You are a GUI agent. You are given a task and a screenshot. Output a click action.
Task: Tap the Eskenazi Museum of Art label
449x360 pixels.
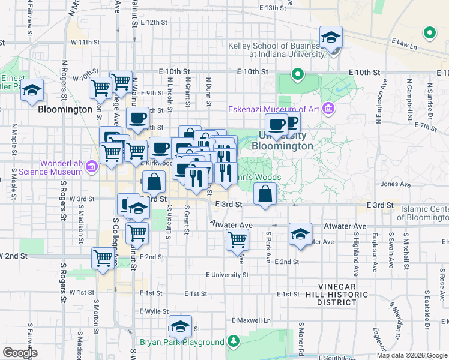click(274, 109)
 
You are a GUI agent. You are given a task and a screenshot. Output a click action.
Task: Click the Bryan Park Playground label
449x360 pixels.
click(182, 343)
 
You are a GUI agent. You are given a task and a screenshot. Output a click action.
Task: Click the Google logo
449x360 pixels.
click(20, 352)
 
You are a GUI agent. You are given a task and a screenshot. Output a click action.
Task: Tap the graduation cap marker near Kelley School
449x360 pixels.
click(331, 37)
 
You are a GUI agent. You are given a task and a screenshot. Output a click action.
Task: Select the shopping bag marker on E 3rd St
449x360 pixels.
click(265, 194)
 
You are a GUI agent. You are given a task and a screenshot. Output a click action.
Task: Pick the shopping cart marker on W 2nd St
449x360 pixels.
click(103, 258)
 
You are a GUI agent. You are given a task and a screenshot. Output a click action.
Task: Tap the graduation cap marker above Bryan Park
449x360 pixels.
click(180, 326)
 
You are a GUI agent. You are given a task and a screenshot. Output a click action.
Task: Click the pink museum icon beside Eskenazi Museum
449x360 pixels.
click(328, 109)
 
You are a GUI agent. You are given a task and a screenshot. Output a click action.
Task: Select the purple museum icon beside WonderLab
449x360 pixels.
click(91, 166)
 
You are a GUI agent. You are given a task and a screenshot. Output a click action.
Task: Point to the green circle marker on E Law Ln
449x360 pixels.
click(429, 33)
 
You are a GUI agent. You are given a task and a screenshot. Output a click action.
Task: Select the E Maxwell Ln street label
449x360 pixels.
click(251, 320)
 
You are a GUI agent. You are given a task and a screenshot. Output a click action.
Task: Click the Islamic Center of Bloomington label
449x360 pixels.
click(423, 213)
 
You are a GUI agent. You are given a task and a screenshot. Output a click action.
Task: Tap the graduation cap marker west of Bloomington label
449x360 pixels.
click(32, 91)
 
